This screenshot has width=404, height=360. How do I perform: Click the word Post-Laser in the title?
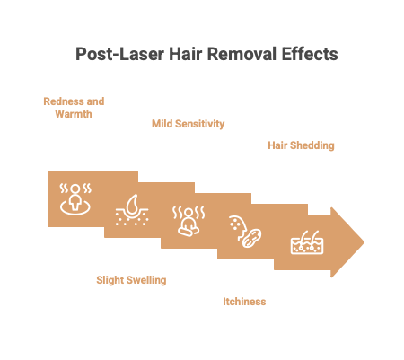[119, 54]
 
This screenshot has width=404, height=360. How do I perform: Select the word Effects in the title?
[310, 54]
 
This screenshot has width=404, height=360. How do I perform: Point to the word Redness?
[64, 101]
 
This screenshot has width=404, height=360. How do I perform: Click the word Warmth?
[74, 114]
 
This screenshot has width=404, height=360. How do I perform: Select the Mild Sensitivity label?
[188, 124]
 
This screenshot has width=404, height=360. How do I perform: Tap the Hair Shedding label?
[301, 145]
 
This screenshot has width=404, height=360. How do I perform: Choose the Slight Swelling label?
[131, 280]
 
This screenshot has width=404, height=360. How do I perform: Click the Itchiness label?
[244, 302]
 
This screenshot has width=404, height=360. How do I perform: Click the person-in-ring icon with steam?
[75, 199]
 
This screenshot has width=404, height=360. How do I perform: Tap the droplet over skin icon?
[132, 210]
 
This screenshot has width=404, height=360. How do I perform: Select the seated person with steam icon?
[189, 221]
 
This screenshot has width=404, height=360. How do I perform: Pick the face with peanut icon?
[245, 232]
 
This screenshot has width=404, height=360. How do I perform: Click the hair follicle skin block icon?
[307, 242]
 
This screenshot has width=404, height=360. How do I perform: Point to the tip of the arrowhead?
[364, 242]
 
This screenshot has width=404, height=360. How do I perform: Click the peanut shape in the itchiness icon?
[251, 238]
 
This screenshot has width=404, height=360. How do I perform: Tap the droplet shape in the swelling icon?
[132, 204]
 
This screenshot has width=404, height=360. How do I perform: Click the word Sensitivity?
[199, 124]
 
